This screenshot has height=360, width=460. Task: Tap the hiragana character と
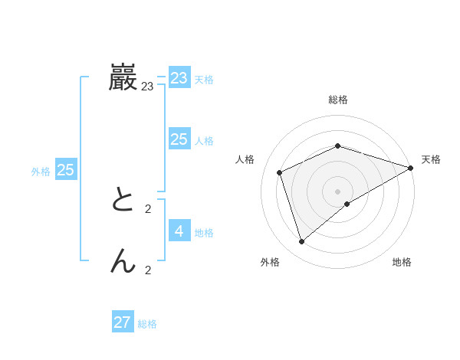pos(123,201)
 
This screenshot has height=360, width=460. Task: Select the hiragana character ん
pos(123,262)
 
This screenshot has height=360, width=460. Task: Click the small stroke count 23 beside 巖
pos(147,87)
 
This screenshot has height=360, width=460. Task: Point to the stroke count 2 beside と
pos(148,208)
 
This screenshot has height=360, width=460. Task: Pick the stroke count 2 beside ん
pos(148,270)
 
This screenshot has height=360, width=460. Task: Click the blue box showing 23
pos(179,78)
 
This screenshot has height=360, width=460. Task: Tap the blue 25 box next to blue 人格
pos(179,139)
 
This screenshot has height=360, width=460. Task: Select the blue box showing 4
pos(179,231)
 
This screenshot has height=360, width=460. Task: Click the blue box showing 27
pos(123,322)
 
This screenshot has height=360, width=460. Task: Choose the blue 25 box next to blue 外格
pos(66,170)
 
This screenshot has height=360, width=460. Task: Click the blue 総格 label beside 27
pos(147,324)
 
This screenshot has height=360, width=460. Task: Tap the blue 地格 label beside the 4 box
pos(204,233)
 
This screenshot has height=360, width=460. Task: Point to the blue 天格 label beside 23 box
pos(204,80)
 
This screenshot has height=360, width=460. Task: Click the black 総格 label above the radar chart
pos(338,100)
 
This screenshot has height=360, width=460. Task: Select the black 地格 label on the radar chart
pos(402,262)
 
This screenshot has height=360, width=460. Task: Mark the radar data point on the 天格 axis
pos(411,168)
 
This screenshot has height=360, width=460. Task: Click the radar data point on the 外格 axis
pos(302,241)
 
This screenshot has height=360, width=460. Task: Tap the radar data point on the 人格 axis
pos(280,172)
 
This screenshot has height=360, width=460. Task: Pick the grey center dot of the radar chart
pos(338,191)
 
